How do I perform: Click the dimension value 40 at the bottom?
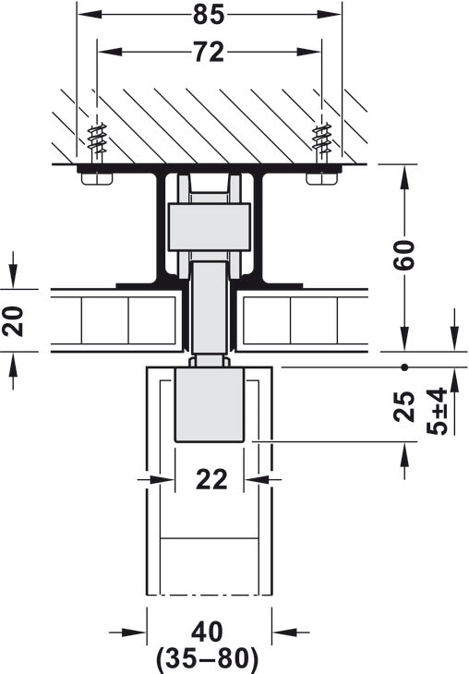(x=208, y=633)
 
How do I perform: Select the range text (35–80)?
(x=208, y=659)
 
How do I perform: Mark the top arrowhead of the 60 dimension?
(x=403, y=172)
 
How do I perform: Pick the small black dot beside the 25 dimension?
(x=403, y=367)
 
